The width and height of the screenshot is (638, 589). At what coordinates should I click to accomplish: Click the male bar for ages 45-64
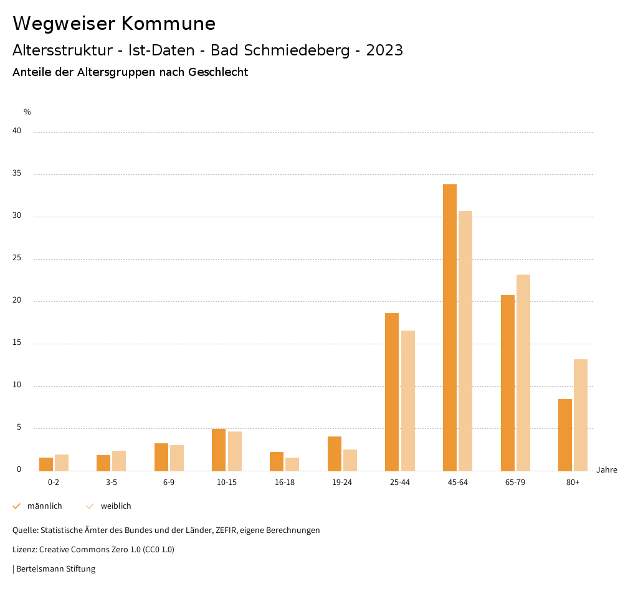point(450,327)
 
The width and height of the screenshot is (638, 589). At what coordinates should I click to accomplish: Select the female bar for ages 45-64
point(465,341)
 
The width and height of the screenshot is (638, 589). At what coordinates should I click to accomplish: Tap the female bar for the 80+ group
point(581,415)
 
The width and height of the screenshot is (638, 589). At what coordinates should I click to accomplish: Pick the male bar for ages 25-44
point(392,392)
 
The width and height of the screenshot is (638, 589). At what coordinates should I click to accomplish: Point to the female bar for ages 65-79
point(523,372)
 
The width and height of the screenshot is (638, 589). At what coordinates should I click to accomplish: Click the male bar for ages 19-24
point(335,453)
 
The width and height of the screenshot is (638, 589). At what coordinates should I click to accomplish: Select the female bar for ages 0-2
point(62,463)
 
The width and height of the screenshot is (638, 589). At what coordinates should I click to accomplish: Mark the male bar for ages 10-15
point(219,450)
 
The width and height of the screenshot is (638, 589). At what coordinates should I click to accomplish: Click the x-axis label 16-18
point(285,483)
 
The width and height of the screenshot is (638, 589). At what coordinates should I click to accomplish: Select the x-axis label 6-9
point(169,483)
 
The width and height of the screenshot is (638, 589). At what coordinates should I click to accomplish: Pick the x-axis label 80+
point(573,483)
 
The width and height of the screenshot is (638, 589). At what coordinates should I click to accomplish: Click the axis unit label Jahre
point(607,470)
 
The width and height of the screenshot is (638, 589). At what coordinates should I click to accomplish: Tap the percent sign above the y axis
point(27,112)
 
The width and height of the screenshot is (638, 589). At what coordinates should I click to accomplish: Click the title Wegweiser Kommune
point(114,24)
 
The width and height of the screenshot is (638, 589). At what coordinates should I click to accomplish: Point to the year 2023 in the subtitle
point(384,50)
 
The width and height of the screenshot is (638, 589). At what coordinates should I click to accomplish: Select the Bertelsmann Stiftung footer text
point(55,568)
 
